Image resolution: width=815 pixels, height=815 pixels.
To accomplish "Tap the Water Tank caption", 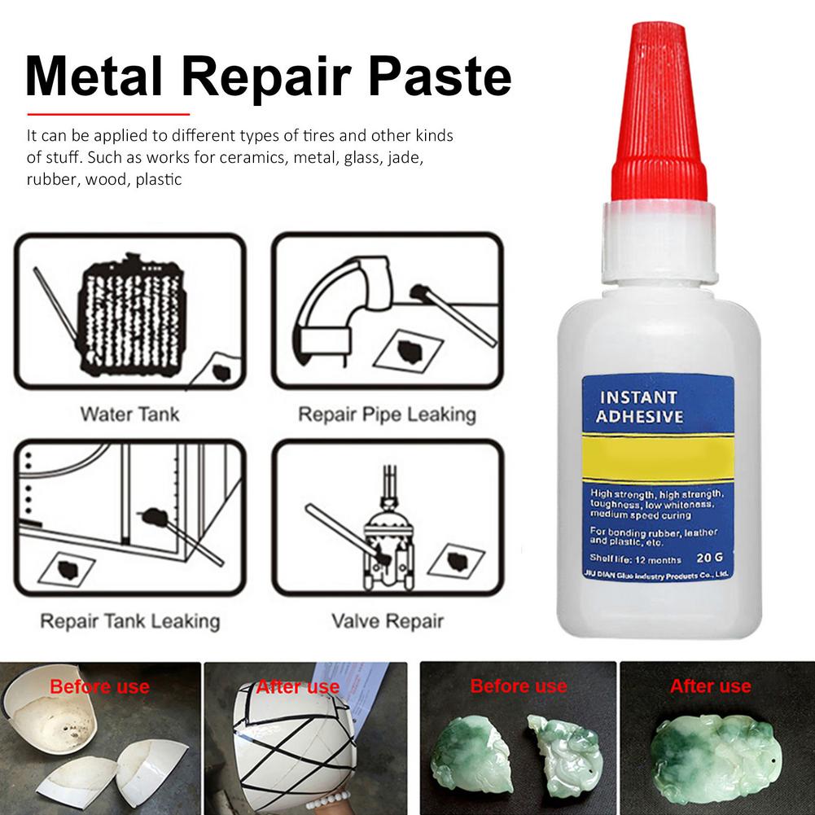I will (129, 414).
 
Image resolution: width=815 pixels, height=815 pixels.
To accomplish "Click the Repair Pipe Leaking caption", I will (387, 414).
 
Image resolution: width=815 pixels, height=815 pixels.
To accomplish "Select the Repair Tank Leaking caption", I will (129, 622).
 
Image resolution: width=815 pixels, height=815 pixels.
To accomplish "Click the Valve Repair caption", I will (387, 622).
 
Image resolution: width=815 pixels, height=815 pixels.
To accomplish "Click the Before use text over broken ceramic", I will (99, 686).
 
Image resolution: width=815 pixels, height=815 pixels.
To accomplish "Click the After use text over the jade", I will (710, 686).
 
